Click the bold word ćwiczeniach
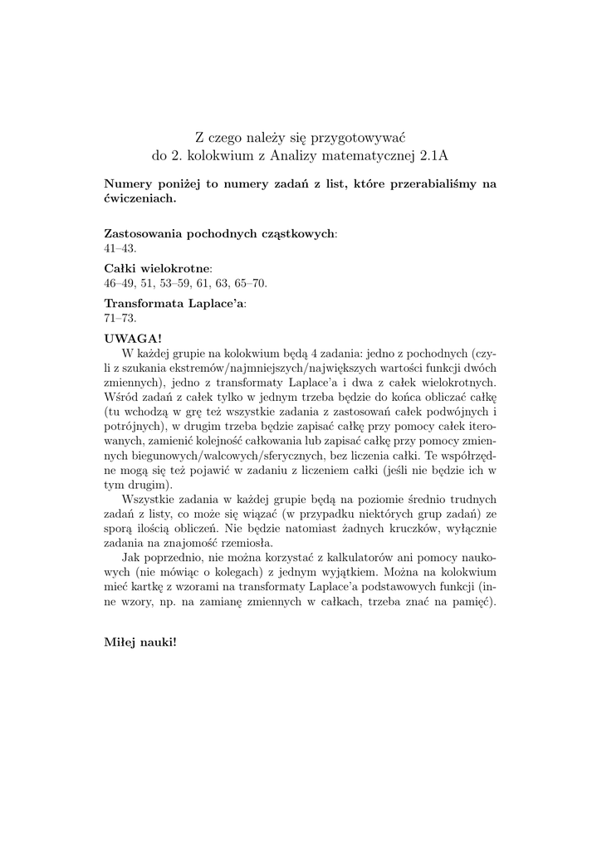coord(139,199)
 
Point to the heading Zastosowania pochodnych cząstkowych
coord(219,233)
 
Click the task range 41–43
coord(120,248)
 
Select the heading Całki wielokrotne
coord(157,268)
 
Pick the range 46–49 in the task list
coord(120,283)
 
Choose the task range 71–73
coord(120,318)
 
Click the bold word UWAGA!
coord(134,338)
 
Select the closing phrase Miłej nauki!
coord(140,642)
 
